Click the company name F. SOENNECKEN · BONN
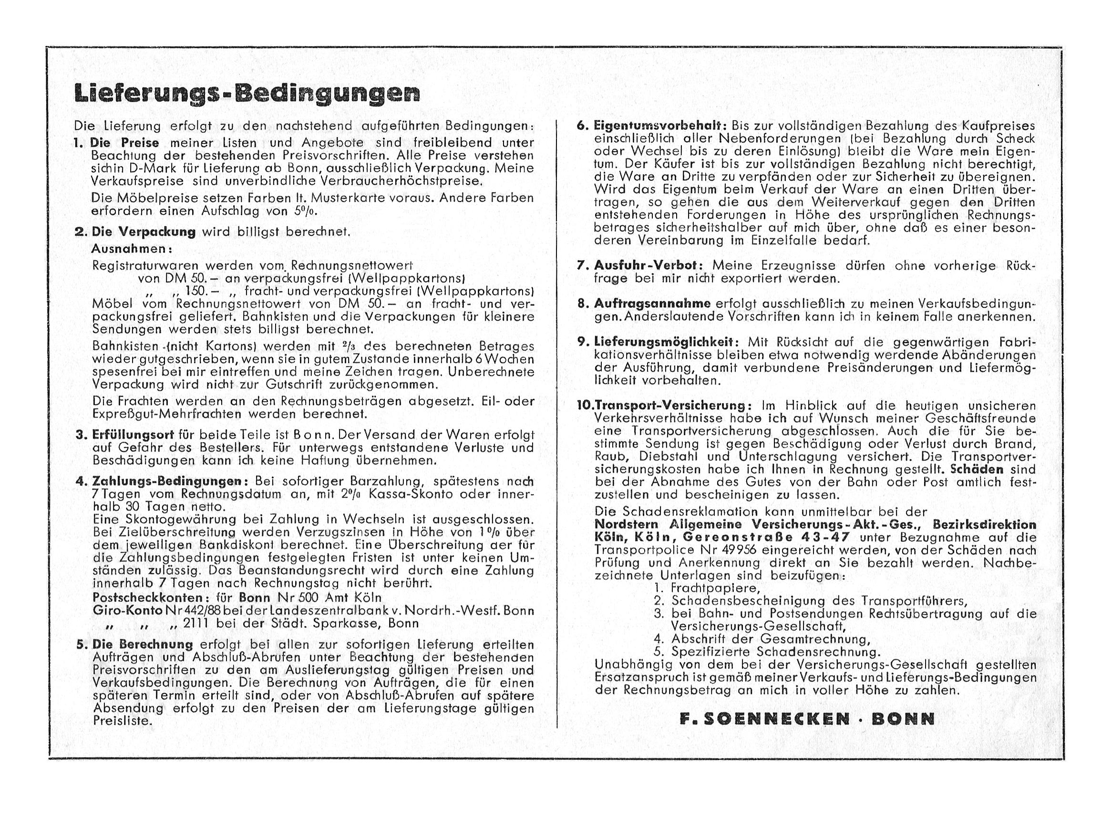(807, 719)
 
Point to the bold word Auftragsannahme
(652, 304)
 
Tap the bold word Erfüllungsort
(133, 435)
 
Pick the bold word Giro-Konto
(127, 611)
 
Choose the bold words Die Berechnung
(143, 645)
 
